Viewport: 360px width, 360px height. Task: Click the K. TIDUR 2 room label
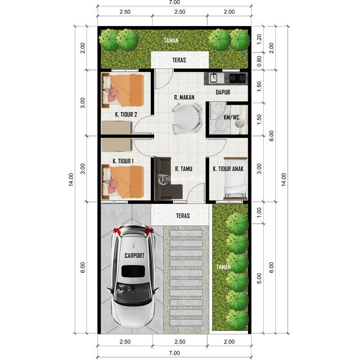126,114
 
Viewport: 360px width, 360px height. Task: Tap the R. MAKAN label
184,97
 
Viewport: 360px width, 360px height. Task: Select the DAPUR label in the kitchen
223,92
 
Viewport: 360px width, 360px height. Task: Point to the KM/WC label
231,117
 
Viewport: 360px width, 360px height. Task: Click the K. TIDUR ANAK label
228,169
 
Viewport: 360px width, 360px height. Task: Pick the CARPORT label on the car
135,256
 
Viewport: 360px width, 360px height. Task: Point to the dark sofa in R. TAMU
166,178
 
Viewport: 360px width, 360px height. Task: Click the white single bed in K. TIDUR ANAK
235,178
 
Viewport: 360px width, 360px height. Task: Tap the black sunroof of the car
133,271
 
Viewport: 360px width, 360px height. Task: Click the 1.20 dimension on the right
259,39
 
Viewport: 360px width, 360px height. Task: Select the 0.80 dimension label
259,61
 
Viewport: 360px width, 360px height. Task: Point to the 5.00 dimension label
259,278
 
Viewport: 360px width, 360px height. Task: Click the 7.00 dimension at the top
175,2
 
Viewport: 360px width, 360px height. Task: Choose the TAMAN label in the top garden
171,40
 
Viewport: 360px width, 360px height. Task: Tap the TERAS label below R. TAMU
183,216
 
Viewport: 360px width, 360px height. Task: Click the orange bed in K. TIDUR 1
123,181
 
